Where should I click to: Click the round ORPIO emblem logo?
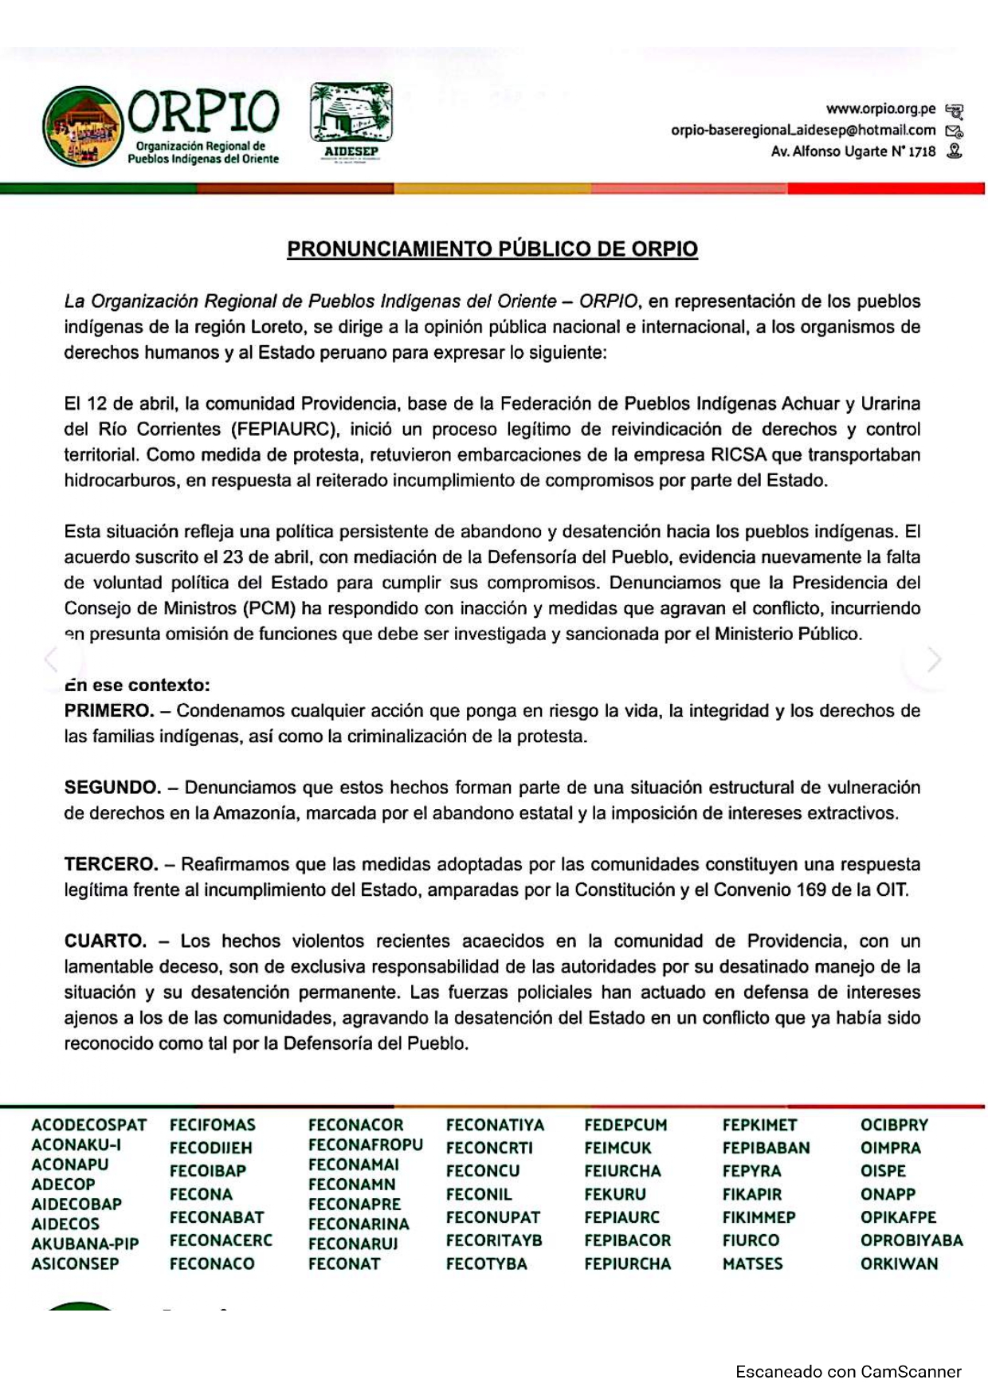pos(83,126)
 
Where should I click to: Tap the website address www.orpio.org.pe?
pos(880,108)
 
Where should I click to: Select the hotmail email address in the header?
pos(803,130)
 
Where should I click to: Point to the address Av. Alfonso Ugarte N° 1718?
pos(853,151)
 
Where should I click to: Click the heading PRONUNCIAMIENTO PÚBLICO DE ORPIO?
pos(492,249)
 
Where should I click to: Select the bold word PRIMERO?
pos(109,710)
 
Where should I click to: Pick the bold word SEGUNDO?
pos(112,788)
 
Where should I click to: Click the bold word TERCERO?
pos(111,864)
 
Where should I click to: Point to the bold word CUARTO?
pos(105,941)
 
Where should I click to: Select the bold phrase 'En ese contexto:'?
pos(137,685)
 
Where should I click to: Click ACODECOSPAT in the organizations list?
pos(89,1125)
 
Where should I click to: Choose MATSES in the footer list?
pos(752,1263)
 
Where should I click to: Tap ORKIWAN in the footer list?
pos(899,1263)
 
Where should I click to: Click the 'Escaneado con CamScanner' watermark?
pos(848,1372)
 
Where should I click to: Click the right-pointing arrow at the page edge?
pos(934,659)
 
